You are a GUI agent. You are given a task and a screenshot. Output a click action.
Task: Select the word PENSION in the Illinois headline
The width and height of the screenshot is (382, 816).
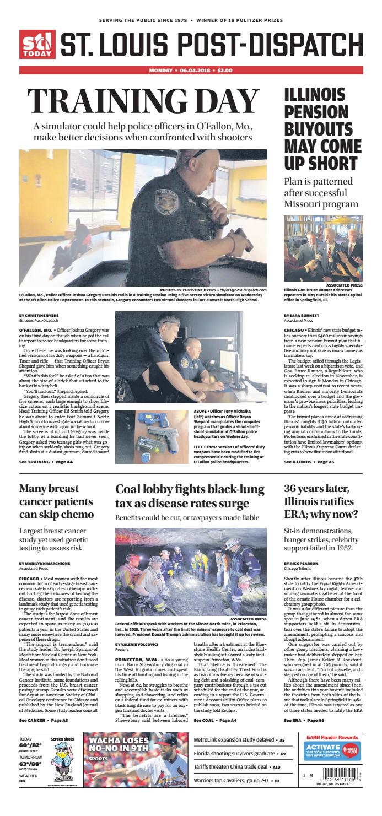pyautogui.click(x=314, y=112)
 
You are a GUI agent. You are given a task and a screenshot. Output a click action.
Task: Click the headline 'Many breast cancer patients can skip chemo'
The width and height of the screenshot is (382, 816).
pyautogui.click(x=56, y=501)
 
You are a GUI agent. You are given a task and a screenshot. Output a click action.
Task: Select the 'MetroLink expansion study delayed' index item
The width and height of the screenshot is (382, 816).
pyautogui.click(x=234, y=740)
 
